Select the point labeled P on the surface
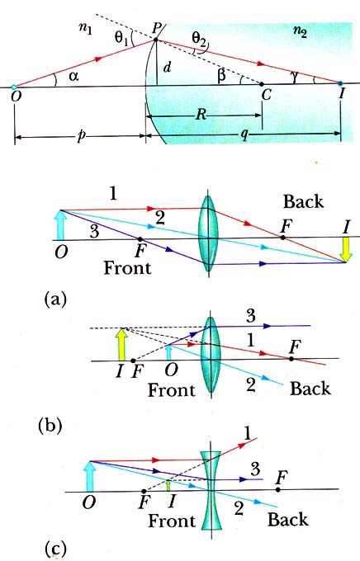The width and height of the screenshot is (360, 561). pos(155,40)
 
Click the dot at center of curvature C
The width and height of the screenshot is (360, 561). pos(262,84)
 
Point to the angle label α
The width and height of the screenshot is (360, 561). pos(73,76)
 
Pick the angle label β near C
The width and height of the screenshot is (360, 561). pos(222,76)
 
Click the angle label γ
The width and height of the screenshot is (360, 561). pos(295,77)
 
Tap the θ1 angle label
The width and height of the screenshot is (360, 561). pos(121,37)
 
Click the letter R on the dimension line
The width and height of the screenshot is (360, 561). pos(201,115)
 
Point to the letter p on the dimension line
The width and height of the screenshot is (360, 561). pos(81,138)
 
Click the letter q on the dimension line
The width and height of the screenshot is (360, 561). pos(244,136)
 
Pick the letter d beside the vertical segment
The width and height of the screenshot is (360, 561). pos(167,68)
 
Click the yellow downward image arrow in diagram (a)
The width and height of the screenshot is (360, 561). pos(346,250)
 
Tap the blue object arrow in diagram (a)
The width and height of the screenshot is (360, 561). pos(61,224)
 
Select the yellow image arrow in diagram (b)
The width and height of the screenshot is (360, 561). pos(122,344)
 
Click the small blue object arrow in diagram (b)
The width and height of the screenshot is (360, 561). pos(168,352)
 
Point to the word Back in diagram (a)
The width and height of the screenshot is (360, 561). pos(303,202)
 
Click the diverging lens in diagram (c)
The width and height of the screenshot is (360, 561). pos(211,490)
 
